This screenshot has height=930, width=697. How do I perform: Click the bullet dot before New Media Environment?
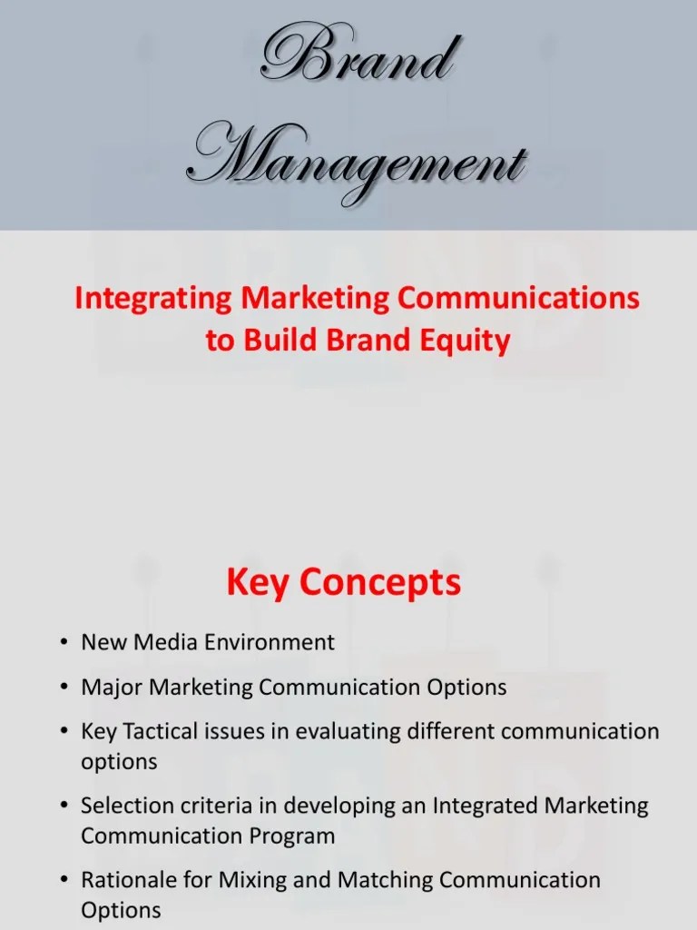(x=63, y=643)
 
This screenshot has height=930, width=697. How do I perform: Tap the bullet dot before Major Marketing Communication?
(x=63, y=688)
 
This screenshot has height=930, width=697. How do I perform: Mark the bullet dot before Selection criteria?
(x=63, y=806)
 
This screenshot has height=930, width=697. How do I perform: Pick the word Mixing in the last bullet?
(x=253, y=879)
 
